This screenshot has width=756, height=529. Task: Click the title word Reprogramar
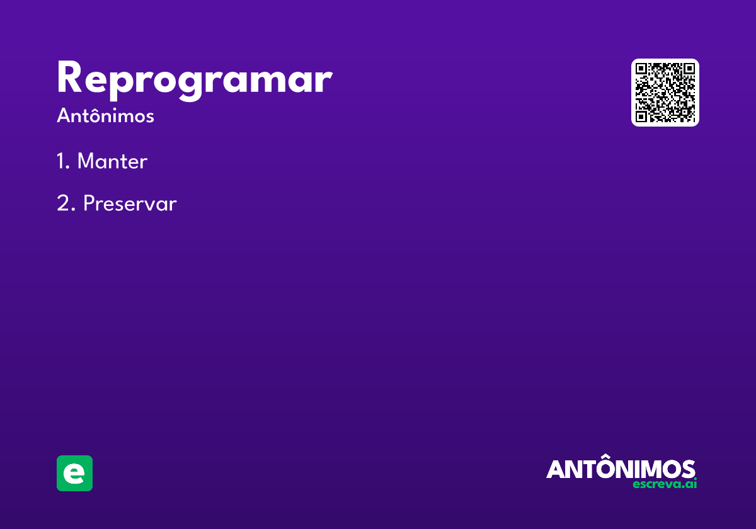point(195,81)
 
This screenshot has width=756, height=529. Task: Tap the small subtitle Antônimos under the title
point(105,116)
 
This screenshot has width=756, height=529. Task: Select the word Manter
point(112,161)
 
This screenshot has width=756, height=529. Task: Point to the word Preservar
point(130,203)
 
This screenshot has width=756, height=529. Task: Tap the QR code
point(665,93)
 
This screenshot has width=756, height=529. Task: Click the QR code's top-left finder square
point(641,69)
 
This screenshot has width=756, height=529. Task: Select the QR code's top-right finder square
point(689,69)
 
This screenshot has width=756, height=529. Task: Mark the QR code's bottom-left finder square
point(641,117)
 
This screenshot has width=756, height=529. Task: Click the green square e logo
point(74,473)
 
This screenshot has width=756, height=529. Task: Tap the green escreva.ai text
point(665,484)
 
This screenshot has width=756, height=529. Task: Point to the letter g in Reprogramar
point(190,84)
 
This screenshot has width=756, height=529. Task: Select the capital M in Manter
point(86,161)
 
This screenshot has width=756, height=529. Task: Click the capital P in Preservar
point(89,203)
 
